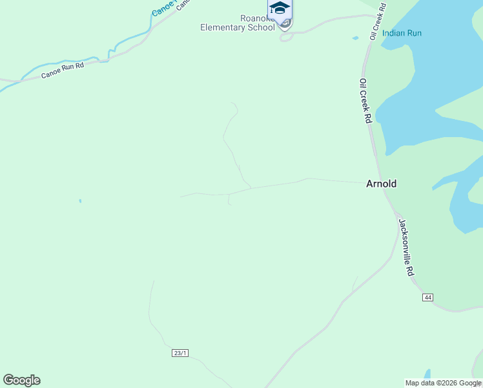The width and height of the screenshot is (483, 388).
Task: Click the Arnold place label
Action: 381,184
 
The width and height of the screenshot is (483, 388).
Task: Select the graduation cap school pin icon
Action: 280,8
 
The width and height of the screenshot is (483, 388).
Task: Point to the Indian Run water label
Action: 402,33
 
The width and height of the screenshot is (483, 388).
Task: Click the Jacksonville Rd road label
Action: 406,248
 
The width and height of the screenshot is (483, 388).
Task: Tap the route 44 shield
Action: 427,297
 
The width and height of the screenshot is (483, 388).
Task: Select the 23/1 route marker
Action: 180,352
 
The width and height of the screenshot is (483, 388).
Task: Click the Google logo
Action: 21,380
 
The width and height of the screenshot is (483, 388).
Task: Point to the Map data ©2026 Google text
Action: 443,383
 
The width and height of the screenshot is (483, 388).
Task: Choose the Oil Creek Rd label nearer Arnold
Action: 365,102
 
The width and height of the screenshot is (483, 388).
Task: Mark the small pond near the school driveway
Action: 355,38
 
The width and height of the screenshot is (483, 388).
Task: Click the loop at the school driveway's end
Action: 285,36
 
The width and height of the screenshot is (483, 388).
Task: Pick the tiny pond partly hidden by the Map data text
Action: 427,374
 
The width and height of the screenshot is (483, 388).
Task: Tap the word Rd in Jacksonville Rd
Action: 410,270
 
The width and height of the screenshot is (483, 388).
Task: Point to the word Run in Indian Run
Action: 414,33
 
